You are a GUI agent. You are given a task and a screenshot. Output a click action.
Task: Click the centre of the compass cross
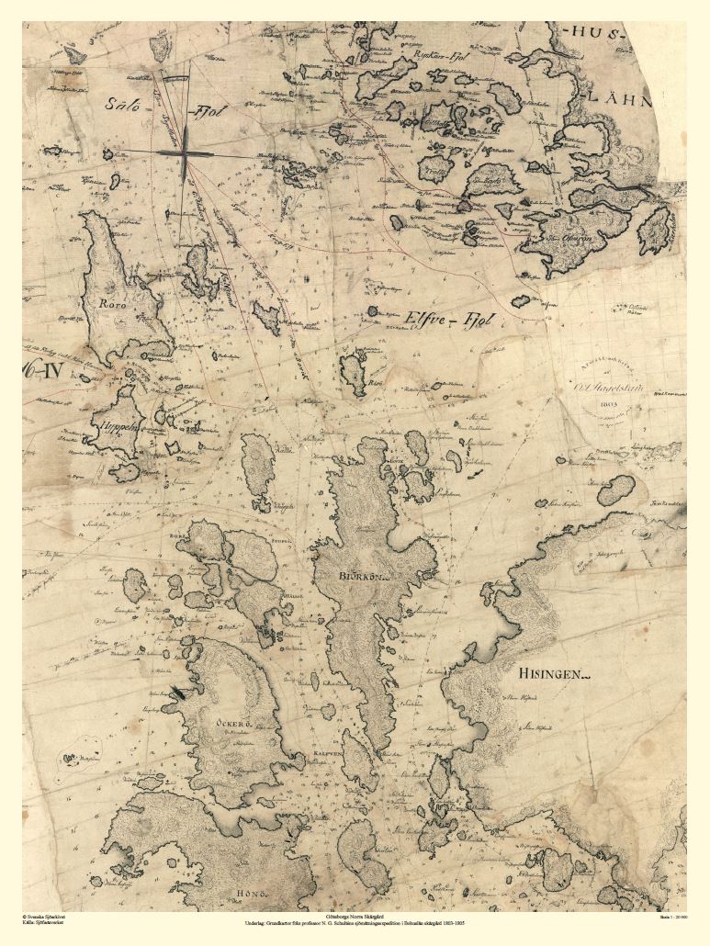click(185, 152)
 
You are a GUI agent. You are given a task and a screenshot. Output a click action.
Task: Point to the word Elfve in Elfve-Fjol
click(424, 319)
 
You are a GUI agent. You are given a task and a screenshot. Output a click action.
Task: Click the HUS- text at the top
click(593, 33)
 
